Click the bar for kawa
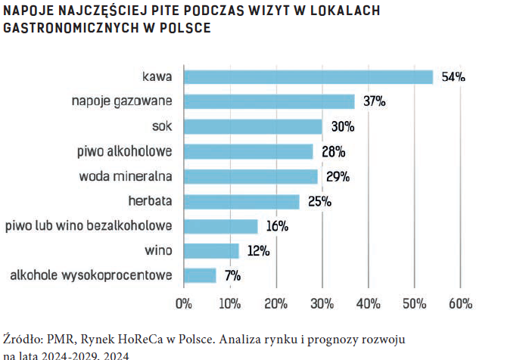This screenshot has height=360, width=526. [309, 76]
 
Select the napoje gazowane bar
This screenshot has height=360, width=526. [269, 101]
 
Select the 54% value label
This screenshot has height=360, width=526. [453, 76]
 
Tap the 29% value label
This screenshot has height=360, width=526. [338, 176]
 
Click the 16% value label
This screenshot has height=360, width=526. [278, 226]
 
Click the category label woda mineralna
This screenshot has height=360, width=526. [126, 176]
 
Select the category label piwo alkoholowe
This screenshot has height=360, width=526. [125, 151]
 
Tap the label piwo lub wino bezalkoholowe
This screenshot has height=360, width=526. [89, 226]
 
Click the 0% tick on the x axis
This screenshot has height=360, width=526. [184, 304]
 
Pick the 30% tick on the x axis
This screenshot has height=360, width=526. [322, 304]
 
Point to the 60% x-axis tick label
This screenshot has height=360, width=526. [460, 304]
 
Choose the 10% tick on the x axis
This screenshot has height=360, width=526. [230, 304]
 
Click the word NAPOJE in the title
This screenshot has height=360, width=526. [27, 12]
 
